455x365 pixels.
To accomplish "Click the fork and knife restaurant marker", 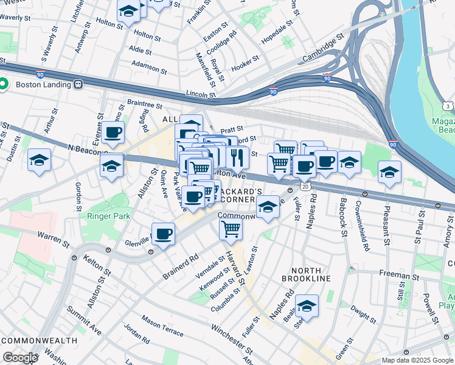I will pyautogui.click(x=238, y=157).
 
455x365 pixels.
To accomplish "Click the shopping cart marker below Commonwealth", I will pyautogui.click(x=231, y=229).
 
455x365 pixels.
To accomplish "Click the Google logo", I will pyautogui.click(x=19, y=358).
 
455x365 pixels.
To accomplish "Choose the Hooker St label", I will pyautogui.click(x=246, y=61).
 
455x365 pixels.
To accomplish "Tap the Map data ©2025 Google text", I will pyautogui.click(x=417, y=360).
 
